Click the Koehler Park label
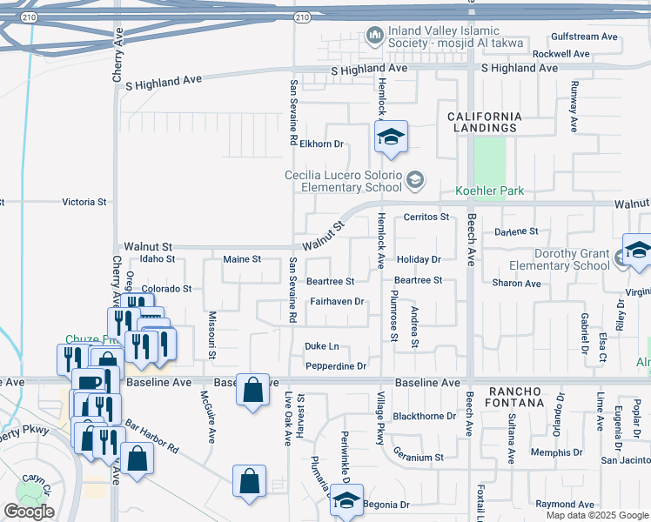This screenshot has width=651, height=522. click(492, 191)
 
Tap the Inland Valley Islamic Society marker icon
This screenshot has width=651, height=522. click(376, 36)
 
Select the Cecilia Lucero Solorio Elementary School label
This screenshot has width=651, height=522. click(344, 181)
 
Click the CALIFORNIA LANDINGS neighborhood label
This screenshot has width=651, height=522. click(485, 122)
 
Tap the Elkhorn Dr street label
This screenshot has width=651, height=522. click(322, 144)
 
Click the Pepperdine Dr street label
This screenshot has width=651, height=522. click(336, 366)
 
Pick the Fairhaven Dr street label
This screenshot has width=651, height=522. click(336, 302)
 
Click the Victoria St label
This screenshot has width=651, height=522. click(84, 202)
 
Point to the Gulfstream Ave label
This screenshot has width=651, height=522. click(584, 37)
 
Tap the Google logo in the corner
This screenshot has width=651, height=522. click(29, 512)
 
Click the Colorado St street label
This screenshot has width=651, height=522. click(166, 289)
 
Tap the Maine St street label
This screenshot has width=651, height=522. click(242, 259)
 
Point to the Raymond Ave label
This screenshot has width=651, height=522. click(565, 505)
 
